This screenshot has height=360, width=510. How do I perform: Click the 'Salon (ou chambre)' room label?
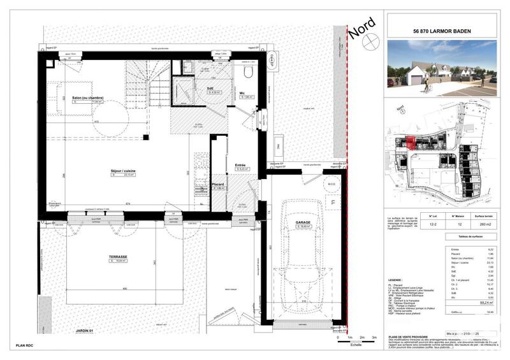click(x=87, y=97)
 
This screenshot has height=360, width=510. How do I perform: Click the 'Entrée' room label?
click(x=240, y=164)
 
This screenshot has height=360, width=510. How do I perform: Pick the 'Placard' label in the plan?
click(x=218, y=184)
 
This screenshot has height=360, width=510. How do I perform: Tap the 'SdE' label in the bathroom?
click(x=210, y=88)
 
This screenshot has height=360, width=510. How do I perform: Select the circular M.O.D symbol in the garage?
click(x=331, y=185)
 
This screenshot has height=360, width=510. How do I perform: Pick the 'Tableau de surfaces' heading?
click(x=442, y=236)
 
